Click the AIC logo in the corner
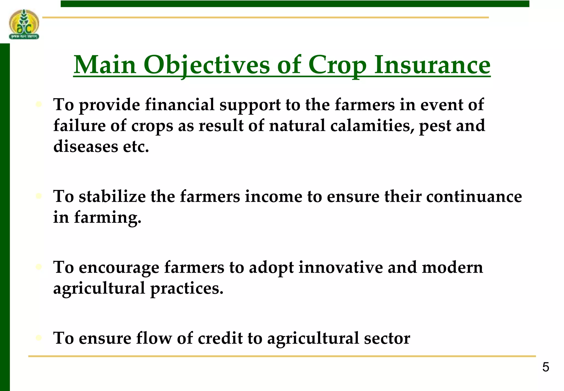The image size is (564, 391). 24,24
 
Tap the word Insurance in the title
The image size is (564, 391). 432,65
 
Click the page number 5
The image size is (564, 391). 546,367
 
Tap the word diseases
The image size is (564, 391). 86,146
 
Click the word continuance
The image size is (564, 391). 474,197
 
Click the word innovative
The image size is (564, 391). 341,267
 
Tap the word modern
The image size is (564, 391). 452,267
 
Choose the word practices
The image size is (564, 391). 186,289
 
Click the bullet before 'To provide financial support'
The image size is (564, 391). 39,105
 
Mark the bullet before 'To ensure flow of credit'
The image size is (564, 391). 39,338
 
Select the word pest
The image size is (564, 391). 435,126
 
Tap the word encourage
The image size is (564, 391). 119,268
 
